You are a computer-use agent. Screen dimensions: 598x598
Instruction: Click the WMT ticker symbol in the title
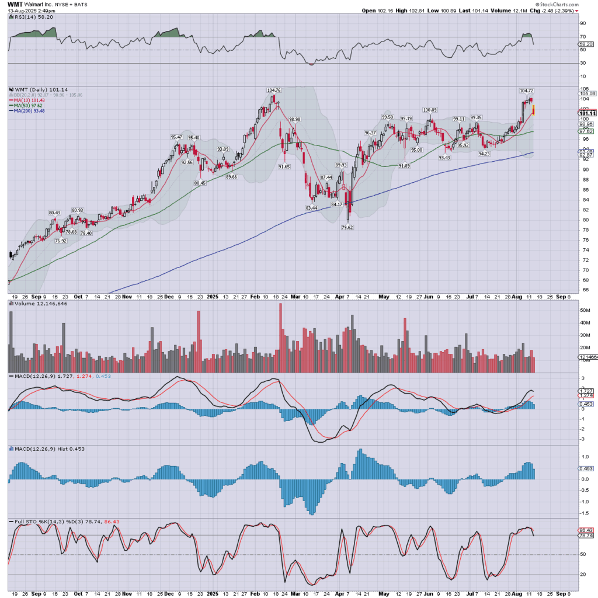15,4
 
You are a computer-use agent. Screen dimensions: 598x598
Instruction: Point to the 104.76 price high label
274,91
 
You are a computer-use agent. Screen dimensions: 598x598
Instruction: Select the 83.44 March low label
311,207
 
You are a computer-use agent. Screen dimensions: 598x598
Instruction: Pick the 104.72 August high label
526,91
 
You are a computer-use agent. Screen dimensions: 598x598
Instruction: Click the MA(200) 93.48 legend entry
28,111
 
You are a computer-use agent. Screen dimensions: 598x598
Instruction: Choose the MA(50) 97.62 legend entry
27,105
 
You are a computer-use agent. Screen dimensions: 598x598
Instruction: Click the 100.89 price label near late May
430,110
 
